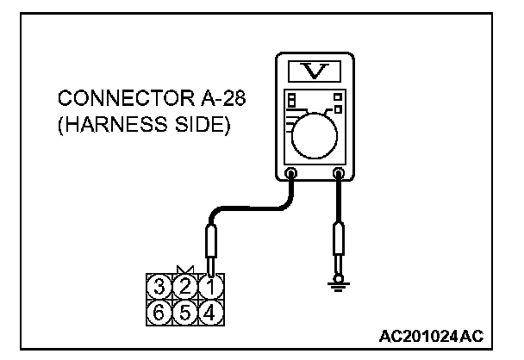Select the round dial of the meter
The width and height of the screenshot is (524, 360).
(x=315, y=136)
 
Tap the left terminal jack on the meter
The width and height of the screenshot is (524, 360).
(x=292, y=174)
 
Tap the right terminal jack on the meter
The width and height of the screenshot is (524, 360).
(x=339, y=174)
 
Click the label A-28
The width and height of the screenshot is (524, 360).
(x=216, y=98)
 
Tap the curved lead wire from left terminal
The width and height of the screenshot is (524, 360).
(x=250, y=207)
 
